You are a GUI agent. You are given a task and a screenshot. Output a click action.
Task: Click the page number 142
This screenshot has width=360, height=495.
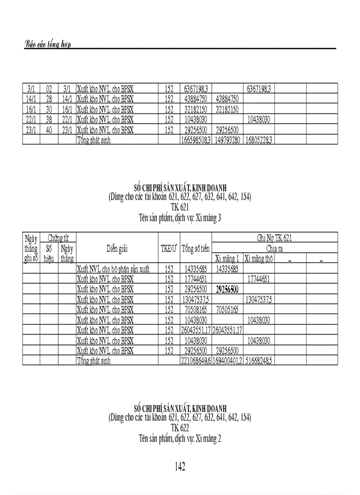coord(180,467)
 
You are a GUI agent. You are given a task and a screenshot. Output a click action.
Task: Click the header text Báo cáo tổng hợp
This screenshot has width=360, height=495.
coord(48,45)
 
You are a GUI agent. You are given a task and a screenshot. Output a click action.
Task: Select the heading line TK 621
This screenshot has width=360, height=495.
coord(180,206)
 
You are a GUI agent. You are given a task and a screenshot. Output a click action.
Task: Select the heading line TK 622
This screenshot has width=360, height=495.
coord(180,427)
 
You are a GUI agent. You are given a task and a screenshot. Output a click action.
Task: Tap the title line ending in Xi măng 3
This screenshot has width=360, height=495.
coord(180,218)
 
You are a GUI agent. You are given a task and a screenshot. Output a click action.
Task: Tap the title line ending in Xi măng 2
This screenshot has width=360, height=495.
coord(180,439)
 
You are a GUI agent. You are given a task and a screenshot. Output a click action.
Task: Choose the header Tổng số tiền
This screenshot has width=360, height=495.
coord(195,248)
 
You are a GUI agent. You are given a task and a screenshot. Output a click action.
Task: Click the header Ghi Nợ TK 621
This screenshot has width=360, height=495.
coord(274,238)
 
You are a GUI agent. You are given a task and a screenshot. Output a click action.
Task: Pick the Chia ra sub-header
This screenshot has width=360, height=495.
coord(274,249)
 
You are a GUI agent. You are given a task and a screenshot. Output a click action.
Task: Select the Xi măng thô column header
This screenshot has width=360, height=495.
coord(259,259)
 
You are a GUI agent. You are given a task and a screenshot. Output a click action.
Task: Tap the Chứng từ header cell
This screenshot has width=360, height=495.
coord(58,238)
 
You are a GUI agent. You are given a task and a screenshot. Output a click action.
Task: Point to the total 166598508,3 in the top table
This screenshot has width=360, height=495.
coord(196,141)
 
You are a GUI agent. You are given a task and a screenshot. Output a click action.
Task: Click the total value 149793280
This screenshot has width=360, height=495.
coord(227,141)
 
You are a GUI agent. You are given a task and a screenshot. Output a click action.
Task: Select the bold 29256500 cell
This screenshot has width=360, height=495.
coord(227,290)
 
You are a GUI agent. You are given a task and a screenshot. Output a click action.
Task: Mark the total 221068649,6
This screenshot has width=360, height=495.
coord(196,361)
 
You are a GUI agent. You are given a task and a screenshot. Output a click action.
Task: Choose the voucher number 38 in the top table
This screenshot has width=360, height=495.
coord(49,119)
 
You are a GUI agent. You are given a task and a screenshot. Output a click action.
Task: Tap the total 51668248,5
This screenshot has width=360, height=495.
coord(259,361)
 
